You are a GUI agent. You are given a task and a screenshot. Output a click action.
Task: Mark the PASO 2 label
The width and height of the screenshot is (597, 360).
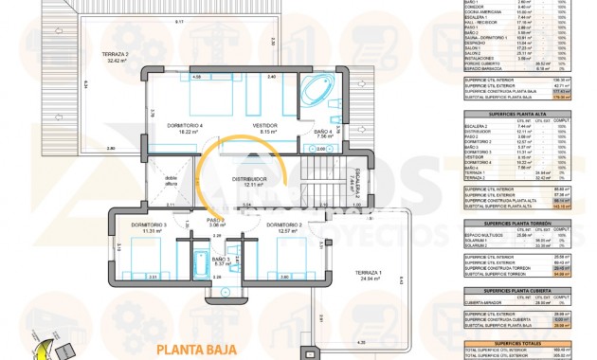click(x=216, y=222)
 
